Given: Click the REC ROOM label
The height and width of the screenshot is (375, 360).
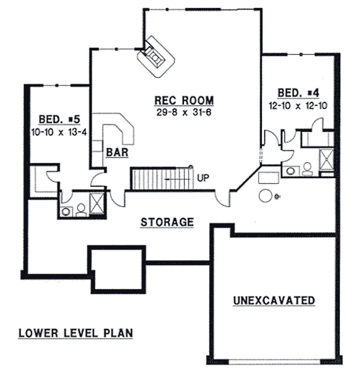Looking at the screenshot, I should (184, 100).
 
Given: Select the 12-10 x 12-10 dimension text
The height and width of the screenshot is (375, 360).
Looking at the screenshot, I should (298, 106).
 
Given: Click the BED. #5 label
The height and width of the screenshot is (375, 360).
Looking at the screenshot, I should (59, 118).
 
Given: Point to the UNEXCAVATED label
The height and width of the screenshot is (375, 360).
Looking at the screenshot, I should (274, 301).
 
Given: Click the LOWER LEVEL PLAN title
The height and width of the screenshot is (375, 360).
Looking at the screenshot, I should (75, 333).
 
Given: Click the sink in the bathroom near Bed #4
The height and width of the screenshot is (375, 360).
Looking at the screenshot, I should (291, 171).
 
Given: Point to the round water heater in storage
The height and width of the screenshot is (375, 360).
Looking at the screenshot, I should (266, 195).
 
